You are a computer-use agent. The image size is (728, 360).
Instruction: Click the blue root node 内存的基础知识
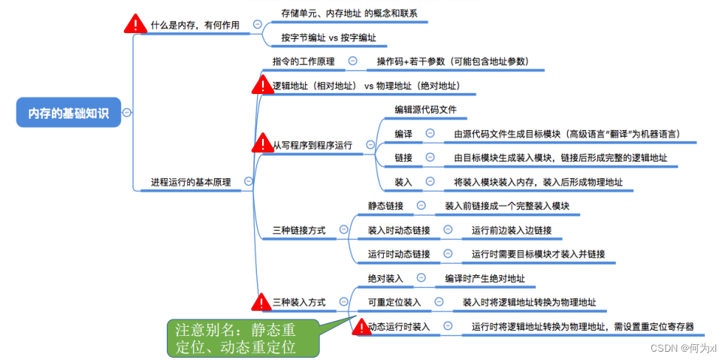coord(68,113)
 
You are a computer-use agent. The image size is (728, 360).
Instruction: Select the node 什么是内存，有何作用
coord(195,25)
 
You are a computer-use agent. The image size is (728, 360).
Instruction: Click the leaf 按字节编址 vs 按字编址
coord(328,37)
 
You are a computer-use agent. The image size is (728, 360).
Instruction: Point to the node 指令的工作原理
coord(304,61)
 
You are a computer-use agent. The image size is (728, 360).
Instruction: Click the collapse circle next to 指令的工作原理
coord(352,61)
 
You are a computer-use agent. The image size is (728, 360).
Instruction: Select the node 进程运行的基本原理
coord(191,181)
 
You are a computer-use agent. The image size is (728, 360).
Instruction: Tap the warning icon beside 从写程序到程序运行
coord(262,142)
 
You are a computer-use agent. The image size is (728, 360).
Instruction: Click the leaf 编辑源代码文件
coord(425,110)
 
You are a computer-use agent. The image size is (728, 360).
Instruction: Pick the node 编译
coord(403,134)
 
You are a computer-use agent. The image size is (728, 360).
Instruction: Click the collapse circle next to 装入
coord(430,181)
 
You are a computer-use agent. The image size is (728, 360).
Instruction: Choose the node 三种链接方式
coord(299,230)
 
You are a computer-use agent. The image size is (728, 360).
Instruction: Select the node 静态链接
coord(385,205)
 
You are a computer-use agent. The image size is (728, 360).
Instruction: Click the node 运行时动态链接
coord(398,254)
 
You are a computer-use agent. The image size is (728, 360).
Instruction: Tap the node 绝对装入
coord(385,279)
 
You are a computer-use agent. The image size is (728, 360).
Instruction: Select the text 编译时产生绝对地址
coord(485,279)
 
